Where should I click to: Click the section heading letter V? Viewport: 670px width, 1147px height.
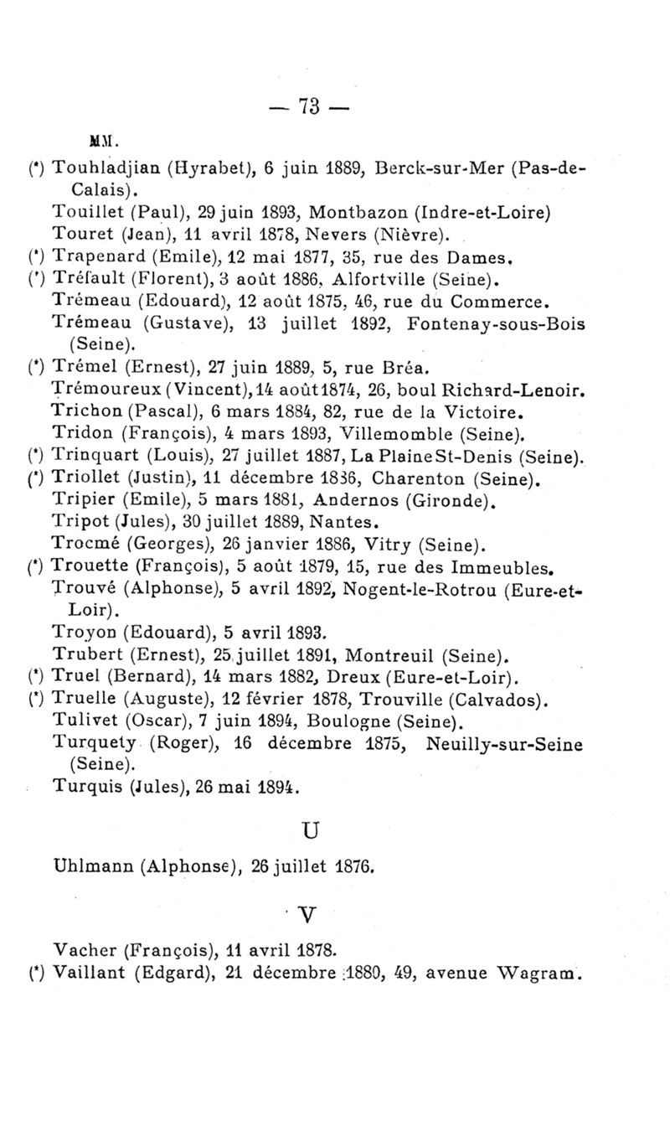coord(311,912)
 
